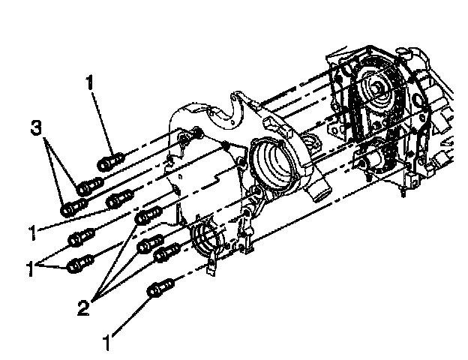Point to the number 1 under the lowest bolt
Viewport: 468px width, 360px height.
coord(110,343)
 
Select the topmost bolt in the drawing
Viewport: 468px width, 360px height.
coord(109,160)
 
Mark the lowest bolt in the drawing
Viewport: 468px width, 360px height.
coord(162,288)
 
